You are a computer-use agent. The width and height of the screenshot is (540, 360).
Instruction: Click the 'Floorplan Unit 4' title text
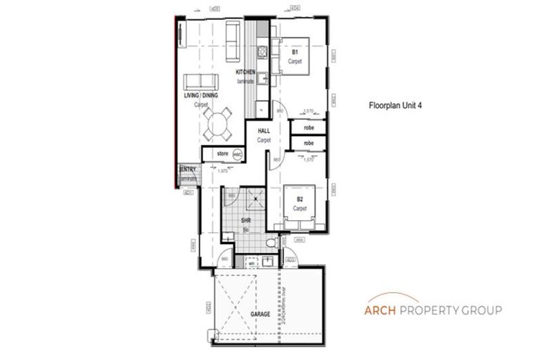[395, 108]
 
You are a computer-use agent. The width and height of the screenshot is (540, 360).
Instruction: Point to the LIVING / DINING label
[201, 95]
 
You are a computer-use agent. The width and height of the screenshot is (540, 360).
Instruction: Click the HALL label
[264, 131]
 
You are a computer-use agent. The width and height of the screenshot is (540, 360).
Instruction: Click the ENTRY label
[188, 169]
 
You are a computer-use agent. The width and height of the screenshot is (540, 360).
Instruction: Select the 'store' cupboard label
[222, 153]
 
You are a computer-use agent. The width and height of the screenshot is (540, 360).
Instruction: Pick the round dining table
[218, 127]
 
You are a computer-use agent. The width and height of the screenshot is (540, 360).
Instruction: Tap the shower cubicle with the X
[250, 200]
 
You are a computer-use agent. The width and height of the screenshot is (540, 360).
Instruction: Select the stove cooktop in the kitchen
[261, 51]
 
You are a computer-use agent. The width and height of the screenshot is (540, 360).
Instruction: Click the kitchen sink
[259, 79]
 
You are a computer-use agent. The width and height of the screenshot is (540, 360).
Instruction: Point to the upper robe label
[308, 128]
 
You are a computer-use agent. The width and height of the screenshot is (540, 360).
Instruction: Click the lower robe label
[308, 143]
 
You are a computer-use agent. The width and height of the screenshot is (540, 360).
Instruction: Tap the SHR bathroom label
[247, 222]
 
